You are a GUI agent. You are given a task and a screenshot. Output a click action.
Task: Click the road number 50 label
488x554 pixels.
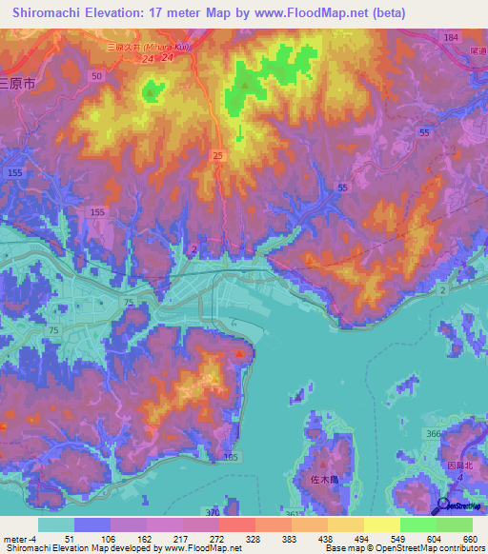point(96,74)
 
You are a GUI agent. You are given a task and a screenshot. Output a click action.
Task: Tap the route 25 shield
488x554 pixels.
point(218,153)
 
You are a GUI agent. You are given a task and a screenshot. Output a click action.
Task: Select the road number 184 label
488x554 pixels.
point(451,37)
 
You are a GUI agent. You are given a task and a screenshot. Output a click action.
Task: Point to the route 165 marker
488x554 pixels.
point(230,458)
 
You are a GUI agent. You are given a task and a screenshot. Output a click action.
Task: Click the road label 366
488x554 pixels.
point(434,434)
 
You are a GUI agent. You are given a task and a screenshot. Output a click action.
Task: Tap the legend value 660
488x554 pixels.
point(470,538)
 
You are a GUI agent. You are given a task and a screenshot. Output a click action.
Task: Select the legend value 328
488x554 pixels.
point(254,538)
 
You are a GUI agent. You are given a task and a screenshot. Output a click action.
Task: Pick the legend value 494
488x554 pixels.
point(362,538)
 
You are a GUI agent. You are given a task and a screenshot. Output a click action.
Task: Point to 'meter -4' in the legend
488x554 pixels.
point(18,538)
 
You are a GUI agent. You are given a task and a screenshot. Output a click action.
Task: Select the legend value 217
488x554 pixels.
point(182,538)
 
